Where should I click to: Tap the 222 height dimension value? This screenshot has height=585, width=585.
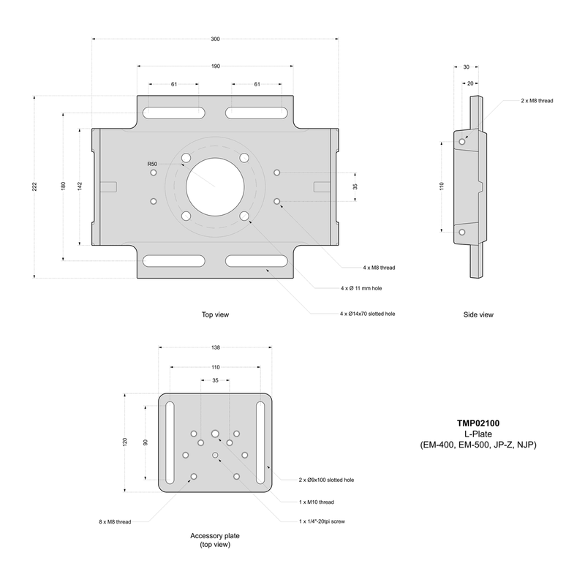pos(34,186)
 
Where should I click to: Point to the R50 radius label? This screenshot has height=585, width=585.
pos(152,164)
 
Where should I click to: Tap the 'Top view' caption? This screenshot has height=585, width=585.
pos(216,315)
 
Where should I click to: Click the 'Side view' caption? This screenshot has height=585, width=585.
pos(478,315)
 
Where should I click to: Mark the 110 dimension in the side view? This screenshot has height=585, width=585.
pos(442,186)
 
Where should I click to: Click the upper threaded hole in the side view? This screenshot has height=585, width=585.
pos(461,141)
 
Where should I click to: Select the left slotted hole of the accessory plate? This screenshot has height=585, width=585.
pos(169,443)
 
